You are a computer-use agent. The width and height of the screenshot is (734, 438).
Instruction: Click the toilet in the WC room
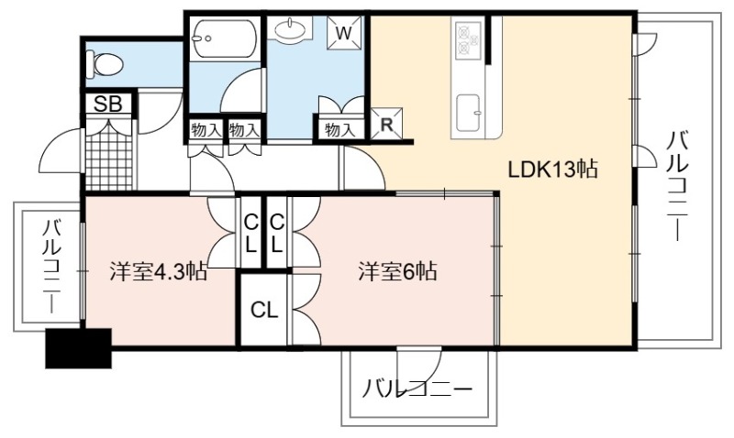(105, 63)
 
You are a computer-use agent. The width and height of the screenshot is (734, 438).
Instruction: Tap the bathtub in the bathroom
(225, 38)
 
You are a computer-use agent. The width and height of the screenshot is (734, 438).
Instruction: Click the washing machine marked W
(345, 33)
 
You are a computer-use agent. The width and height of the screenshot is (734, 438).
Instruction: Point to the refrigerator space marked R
(386, 124)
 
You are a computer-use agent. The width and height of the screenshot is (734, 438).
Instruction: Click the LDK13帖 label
(553, 170)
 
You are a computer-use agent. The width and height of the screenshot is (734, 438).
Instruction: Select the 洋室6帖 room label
(398, 270)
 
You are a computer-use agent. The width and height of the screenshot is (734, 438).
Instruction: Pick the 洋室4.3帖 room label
(158, 270)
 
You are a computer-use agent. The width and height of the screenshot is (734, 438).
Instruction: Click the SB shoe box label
(108, 104)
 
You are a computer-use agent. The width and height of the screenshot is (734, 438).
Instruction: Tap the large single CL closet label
(264, 310)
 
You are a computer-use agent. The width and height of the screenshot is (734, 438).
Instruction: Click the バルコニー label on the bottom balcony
(417, 389)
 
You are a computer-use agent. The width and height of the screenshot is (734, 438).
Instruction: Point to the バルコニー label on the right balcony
(678, 186)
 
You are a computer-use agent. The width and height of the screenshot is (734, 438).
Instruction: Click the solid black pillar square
(78, 348)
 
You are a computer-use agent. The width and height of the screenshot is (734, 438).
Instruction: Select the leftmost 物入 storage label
(206, 129)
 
